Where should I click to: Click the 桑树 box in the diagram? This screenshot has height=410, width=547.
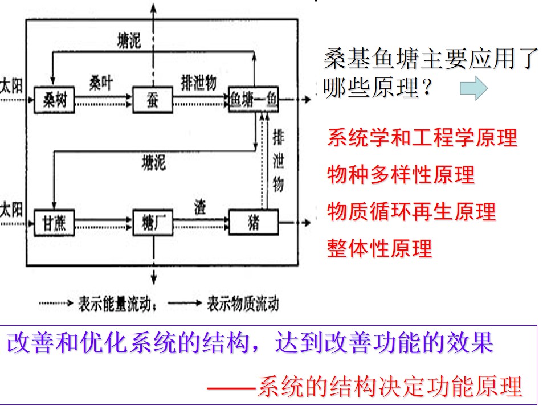coord(55,100)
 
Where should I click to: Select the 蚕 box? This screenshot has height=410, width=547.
coord(153,100)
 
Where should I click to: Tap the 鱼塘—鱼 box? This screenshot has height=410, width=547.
coord(253,99)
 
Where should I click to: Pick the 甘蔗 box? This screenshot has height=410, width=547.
coord(55,223)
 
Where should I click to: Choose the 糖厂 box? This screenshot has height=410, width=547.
coord(153,223)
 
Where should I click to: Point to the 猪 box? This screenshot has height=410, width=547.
coord(253,222)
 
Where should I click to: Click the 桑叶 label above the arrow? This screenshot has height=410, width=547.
coord(101,83)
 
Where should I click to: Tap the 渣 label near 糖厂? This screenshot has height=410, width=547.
coord(200,207)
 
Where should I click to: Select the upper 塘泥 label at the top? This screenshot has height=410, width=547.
coord(129,41)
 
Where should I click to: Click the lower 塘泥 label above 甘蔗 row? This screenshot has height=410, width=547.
coord(153,163)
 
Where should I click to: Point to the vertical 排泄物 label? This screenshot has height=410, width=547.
coord(278,161)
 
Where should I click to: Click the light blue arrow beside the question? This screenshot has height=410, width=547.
coord(473,88)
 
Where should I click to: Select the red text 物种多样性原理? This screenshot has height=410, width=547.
coord(401,174)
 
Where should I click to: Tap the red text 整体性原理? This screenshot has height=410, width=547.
coord(379,248)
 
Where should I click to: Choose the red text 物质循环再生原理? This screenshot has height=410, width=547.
coord(411,211)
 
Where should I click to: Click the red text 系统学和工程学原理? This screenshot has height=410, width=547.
coord(422,137)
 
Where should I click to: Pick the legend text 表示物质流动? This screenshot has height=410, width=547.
coord(243,304)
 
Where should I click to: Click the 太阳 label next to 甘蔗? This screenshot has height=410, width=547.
coord(11,210)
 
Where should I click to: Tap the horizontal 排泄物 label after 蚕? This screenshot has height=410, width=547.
coord(199,83)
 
